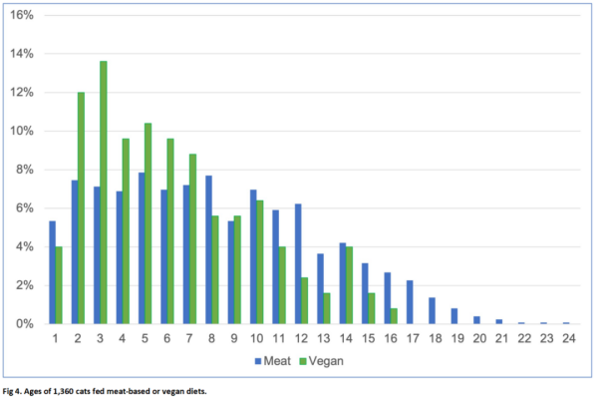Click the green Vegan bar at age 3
tap(104, 193)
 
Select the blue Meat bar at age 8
tap(208, 250)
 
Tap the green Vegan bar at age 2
tap(81, 208)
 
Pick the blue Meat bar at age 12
tap(298, 264)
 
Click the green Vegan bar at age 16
tap(394, 316)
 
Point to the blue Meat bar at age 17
tap(410, 302)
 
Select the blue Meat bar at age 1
tap(52, 272)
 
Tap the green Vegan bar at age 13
tap(327, 308)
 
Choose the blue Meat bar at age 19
tap(454, 316)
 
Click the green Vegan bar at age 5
tap(148, 223)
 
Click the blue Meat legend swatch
tap(258, 361)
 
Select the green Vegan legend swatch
tap(303, 361)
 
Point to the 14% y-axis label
tap(22, 54)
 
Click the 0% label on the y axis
tap(25, 324)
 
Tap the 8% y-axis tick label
tap(25, 170)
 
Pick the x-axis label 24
tap(569, 338)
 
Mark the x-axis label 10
tap(257, 338)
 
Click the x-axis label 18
tap(436, 338)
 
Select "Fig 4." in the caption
tap(12, 391)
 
